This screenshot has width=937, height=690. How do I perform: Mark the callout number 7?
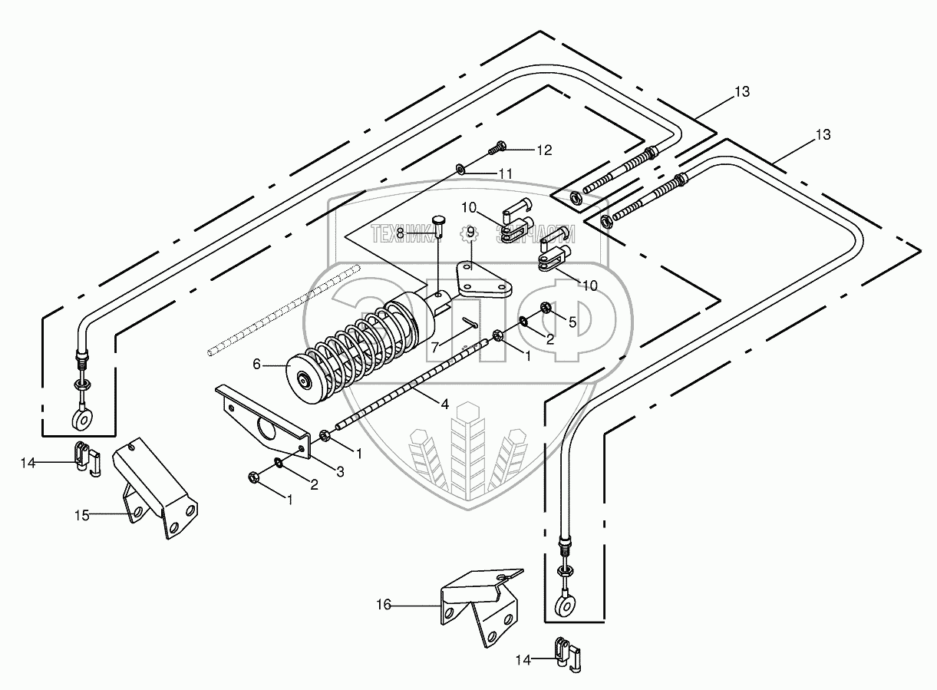pyautogui.click(x=435, y=347)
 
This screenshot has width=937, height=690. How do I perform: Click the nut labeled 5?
pyautogui.click(x=546, y=308)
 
